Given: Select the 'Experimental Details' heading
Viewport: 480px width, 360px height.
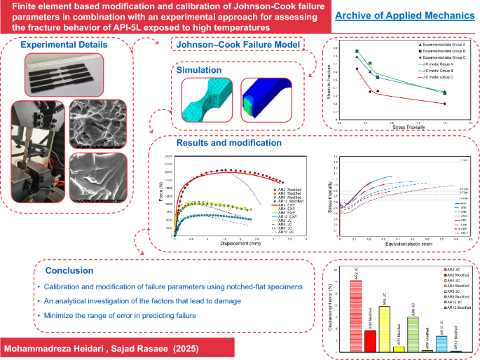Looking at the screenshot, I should (x=64, y=46).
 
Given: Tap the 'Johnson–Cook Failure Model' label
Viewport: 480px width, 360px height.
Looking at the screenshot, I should (x=236, y=46).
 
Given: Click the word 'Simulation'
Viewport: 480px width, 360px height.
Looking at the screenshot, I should (x=199, y=70).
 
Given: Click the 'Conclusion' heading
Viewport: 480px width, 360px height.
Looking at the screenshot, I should (x=69, y=270).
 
